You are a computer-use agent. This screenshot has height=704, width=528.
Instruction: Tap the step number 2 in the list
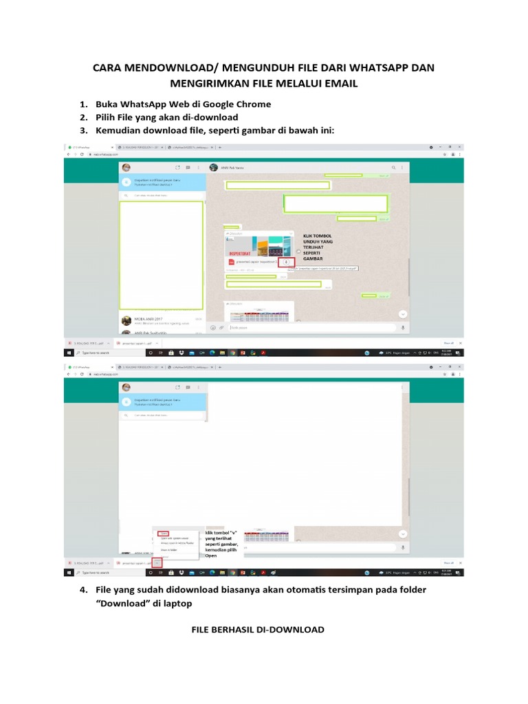pos(82,118)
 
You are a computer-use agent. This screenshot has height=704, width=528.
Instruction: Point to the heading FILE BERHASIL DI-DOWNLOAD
pos(258,629)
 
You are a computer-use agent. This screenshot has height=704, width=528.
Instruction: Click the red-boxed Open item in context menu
pos(164,533)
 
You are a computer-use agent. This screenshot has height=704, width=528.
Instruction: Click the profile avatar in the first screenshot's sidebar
pos(126,167)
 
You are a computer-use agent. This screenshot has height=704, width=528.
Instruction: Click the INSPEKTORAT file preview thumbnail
pos(259,247)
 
